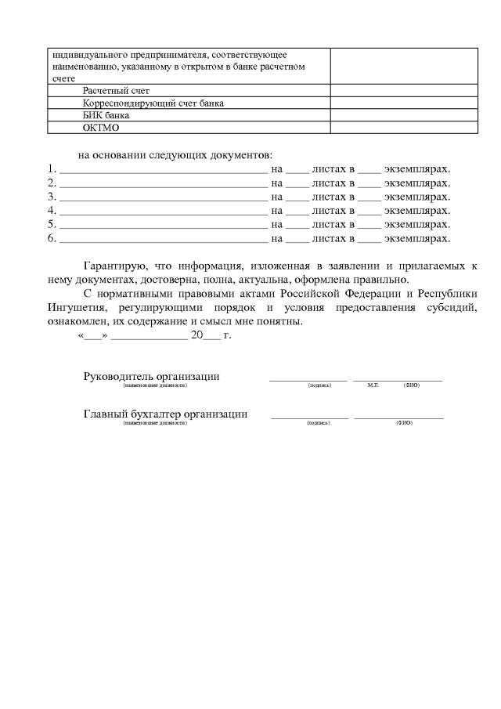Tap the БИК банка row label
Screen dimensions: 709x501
tap(106, 115)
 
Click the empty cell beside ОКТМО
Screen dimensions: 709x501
tap(403, 127)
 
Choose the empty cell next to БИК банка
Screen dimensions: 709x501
tap(403, 115)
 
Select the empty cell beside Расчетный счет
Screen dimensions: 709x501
tap(403, 91)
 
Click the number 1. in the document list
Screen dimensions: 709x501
tap(52, 168)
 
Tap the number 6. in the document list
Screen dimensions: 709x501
tap(52, 238)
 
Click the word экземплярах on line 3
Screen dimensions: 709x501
tap(417, 197)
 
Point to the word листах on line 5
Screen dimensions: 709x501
tap(330, 225)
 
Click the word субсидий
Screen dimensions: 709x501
tap(453, 308)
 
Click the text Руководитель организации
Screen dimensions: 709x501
tap(151, 376)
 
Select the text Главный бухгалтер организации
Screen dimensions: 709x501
tap(165, 414)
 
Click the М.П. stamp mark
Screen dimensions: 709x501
tap(373, 385)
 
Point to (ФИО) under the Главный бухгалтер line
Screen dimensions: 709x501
tap(404, 423)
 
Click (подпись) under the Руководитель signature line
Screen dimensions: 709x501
tap(319, 385)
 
